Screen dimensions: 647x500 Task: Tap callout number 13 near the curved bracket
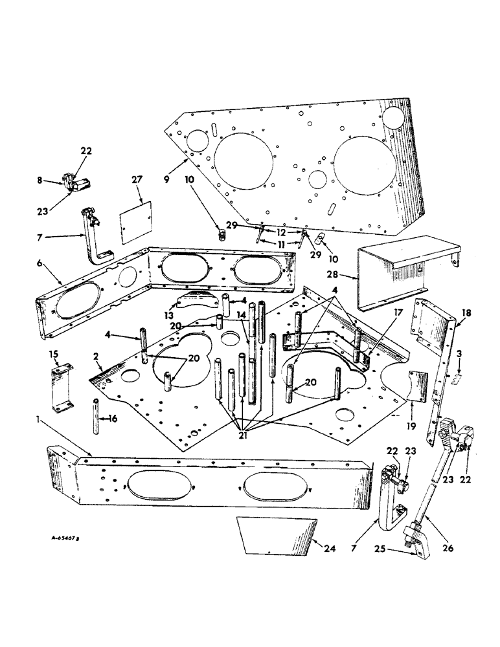pyautogui.click(x=169, y=316)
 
